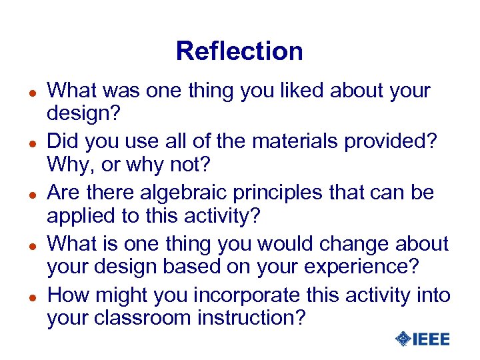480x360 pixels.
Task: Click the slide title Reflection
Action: (239, 51)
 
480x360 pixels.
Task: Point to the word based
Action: (188, 266)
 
